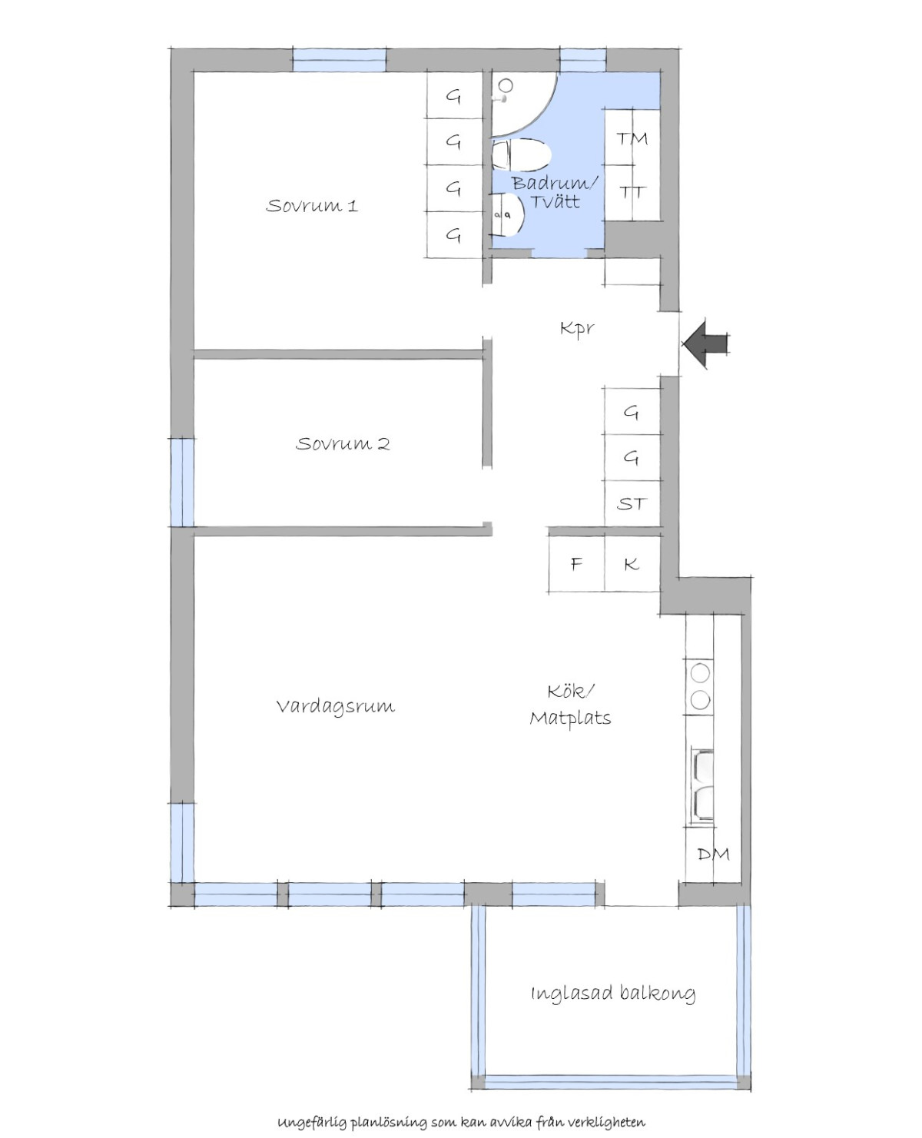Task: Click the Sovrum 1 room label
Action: [x=312, y=206]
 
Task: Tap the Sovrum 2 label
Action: [x=343, y=443]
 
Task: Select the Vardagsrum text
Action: [x=336, y=706]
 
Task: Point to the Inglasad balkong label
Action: [x=612, y=994]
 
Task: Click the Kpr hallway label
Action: [x=577, y=328]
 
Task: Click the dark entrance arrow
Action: [x=705, y=344]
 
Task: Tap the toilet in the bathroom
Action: [x=521, y=155]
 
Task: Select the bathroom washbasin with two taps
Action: [x=508, y=214]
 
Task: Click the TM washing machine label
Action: [x=632, y=139]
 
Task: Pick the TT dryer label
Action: [x=632, y=191]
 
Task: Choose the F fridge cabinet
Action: [x=576, y=564]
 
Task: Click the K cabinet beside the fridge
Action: [x=632, y=564]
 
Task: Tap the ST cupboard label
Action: [x=632, y=503]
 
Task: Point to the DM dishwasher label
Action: [x=714, y=854]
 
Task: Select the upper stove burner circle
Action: [x=700, y=672]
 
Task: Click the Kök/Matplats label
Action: [x=570, y=704]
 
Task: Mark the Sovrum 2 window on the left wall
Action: [x=181, y=483]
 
